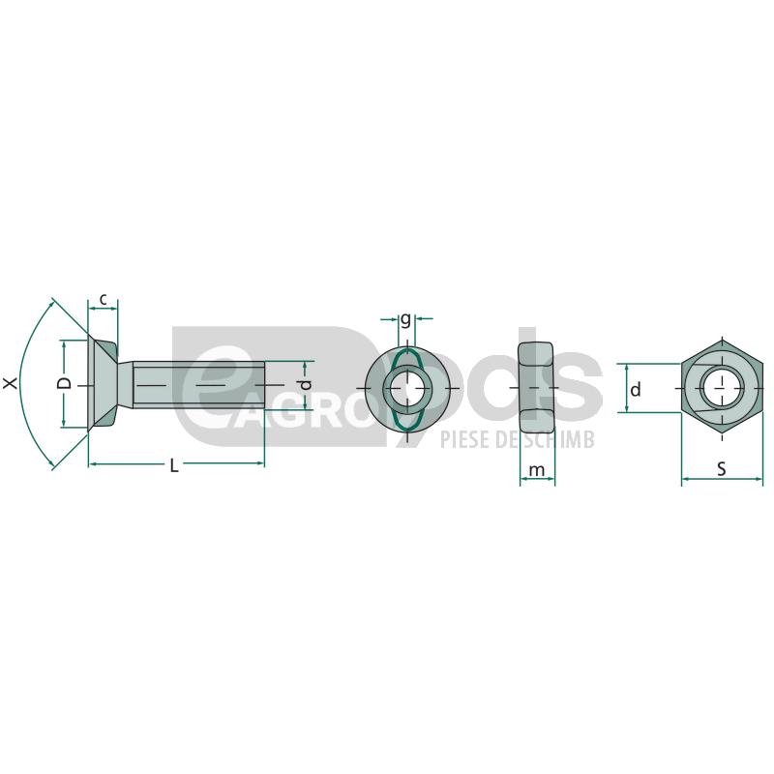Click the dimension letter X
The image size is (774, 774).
tap(11, 382)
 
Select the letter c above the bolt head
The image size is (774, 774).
tap(104, 299)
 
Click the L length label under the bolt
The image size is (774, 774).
tap(174, 465)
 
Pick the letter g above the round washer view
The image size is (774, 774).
tap(405, 319)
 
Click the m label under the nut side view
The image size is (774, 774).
tap(537, 470)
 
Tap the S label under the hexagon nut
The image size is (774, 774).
tap(722, 469)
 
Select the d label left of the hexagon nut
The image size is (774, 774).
tap(636, 390)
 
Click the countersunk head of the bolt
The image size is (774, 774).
tap(103, 384)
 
